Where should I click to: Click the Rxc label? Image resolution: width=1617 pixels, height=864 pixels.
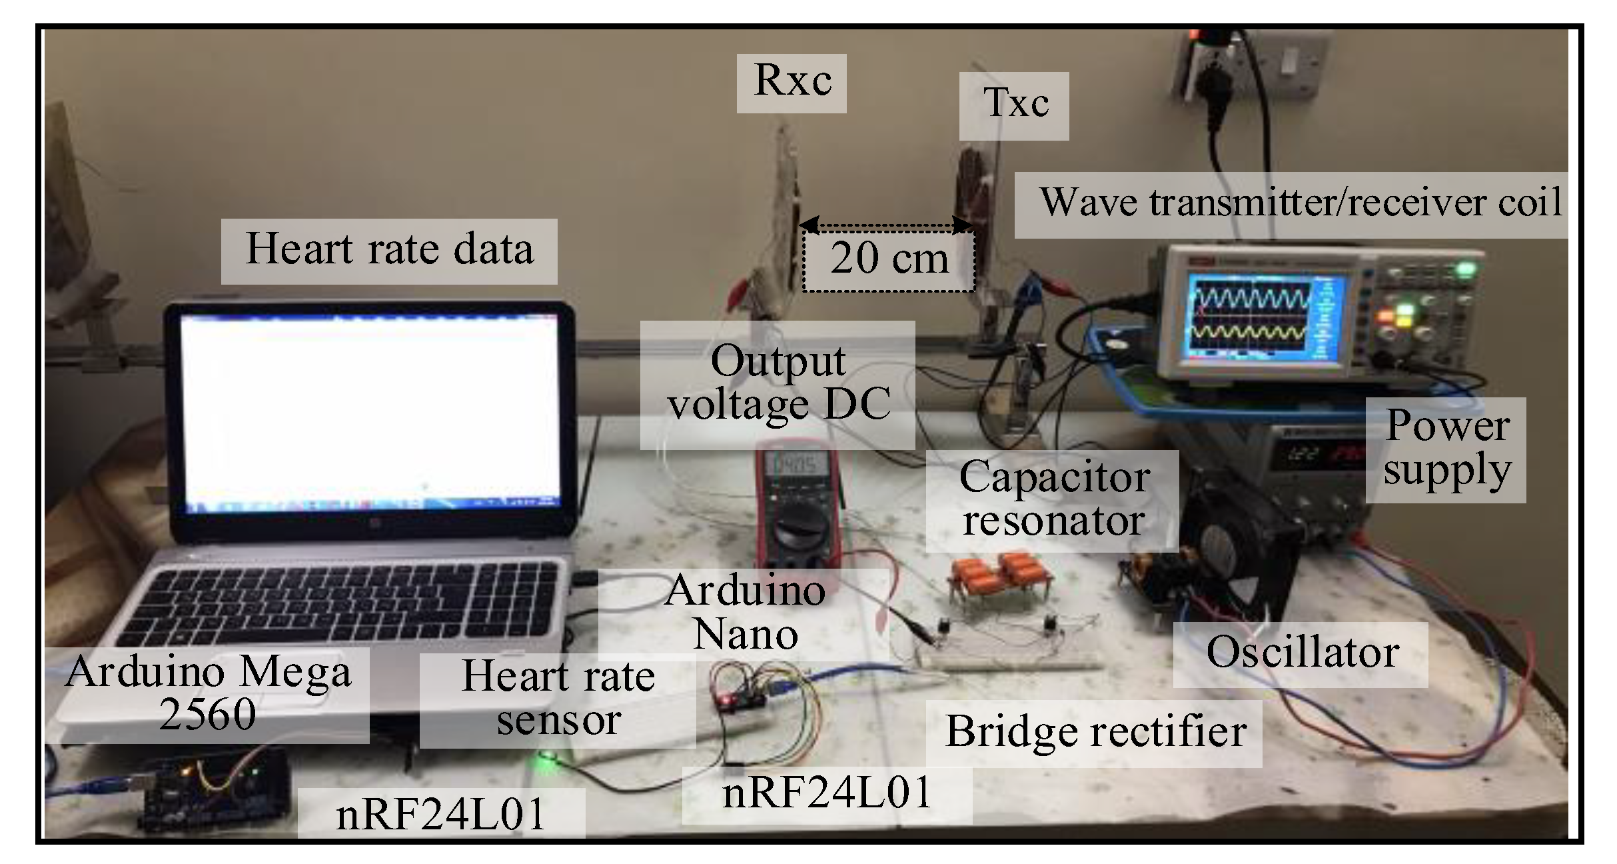(x=792, y=83)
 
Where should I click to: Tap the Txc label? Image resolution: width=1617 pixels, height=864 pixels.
(x=1014, y=105)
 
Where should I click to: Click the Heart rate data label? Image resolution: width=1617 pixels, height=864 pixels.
(x=389, y=251)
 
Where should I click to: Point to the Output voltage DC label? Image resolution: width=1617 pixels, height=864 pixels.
(x=778, y=384)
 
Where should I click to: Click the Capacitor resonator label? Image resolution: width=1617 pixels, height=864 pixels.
(x=1053, y=500)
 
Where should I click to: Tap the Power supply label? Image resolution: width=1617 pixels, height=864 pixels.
(x=1446, y=449)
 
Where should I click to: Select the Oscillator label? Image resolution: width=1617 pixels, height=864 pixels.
(x=1301, y=653)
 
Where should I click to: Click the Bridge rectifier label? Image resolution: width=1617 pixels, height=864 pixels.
(x=1094, y=733)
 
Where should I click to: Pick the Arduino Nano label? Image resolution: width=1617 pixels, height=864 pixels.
(x=744, y=612)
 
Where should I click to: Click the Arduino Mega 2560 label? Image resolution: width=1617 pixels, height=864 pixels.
(x=208, y=694)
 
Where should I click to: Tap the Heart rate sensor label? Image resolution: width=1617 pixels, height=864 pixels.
(x=558, y=699)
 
